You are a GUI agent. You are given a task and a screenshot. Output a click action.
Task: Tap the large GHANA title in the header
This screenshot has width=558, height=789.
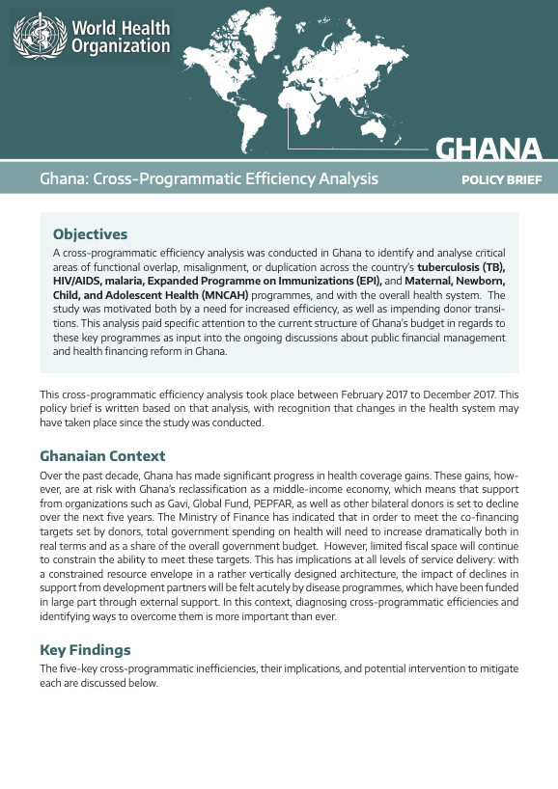click(488, 148)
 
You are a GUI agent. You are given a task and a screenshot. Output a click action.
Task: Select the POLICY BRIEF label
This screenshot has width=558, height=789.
click(501, 180)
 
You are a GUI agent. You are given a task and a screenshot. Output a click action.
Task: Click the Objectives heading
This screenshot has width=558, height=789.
click(90, 234)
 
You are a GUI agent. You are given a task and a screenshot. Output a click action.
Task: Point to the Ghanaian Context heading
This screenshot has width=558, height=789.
click(102, 456)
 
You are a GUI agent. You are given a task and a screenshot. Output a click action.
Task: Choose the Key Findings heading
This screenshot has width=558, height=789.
click(85, 650)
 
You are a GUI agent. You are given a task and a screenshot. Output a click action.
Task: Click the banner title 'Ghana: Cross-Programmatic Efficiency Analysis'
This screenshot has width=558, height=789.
click(209, 179)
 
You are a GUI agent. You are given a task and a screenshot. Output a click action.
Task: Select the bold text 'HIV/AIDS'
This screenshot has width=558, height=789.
click(78, 281)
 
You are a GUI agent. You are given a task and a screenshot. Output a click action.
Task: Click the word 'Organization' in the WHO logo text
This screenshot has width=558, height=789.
click(121, 46)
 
